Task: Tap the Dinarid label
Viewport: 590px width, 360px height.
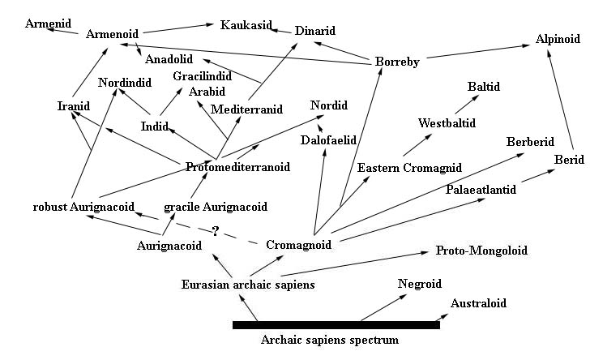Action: tap(314, 31)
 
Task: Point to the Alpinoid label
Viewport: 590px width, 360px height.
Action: tap(558, 39)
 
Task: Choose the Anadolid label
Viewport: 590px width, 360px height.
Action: tap(169, 59)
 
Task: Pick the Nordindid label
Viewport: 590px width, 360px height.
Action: tap(125, 82)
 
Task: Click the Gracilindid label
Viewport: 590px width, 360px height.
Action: tap(202, 76)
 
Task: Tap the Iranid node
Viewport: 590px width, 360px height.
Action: tap(74, 106)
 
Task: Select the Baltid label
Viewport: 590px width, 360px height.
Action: tap(484, 86)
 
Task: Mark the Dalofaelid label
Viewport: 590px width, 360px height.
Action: tap(329, 139)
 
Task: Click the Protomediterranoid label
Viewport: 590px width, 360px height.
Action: tap(237, 167)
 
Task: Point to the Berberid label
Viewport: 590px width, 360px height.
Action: tap(530, 142)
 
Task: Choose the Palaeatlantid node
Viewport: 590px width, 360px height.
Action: tap(481, 190)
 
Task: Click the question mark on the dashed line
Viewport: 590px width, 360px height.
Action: tap(215, 231)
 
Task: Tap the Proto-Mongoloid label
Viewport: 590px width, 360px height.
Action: tap(481, 251)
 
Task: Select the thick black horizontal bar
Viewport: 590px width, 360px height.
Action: tap(336, 324)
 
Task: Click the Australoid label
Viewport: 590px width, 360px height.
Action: tap(478, 303)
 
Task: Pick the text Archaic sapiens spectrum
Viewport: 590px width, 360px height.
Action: tap(330, 341)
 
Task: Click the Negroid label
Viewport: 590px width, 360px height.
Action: tap(419, 283)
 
